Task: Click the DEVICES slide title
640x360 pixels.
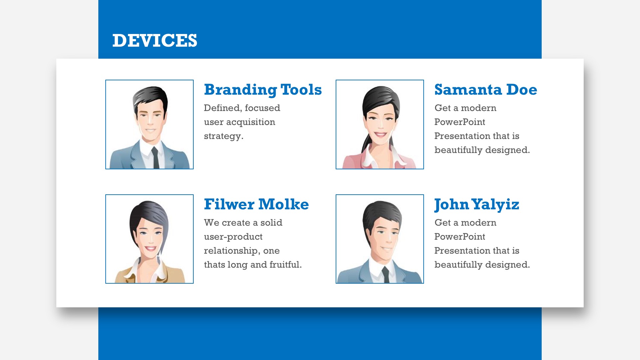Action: point(155,41)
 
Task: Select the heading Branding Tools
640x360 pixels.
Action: point(263,90)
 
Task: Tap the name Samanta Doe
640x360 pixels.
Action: point(486,90)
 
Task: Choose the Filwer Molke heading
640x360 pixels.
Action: point(256,204)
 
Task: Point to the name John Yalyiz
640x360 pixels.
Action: point(477,205)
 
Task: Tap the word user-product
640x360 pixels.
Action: point(233,237)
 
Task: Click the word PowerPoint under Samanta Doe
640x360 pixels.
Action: point(460,122)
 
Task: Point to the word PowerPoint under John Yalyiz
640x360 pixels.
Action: point(460,237)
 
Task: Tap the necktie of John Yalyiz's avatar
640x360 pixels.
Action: point(386,275)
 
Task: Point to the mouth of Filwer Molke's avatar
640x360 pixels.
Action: point(150,248)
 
